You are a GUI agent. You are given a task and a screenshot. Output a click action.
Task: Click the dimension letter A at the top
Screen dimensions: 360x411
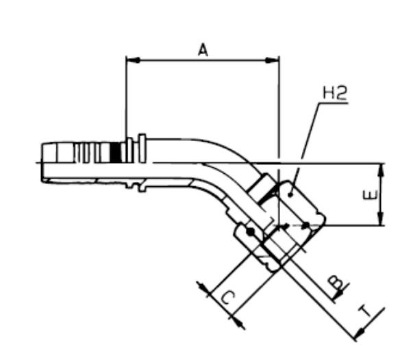coord(203,49)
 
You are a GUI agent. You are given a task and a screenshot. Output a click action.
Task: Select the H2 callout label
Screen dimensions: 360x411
coord(334,93)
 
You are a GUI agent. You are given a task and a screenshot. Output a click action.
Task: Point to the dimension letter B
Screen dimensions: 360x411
coord(335,281)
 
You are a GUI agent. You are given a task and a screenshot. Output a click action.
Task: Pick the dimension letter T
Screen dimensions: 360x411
coord(369,311)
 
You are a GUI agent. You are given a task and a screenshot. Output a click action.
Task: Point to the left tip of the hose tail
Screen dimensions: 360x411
coord(42,162)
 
